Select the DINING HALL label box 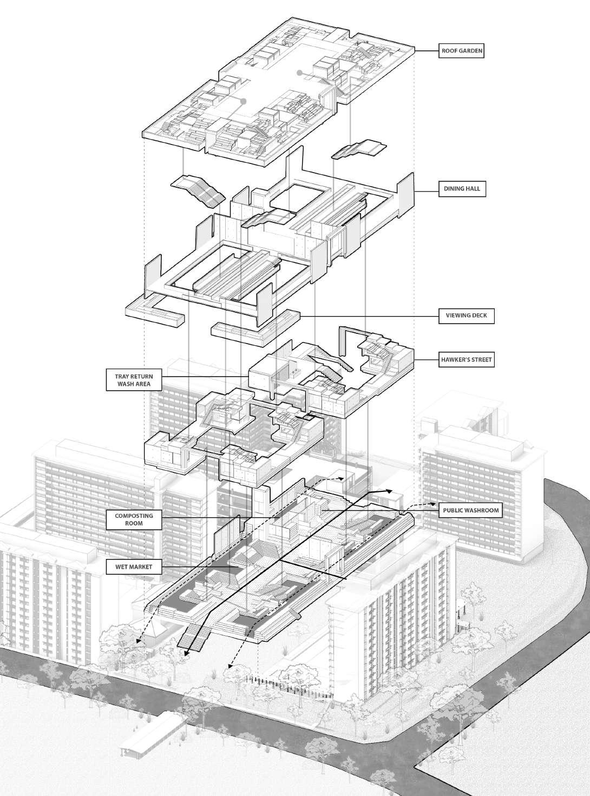pos(462,189)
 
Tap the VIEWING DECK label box pos(466,315)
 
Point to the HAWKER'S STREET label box pos(466,359)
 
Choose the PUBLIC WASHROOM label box pos(470,510)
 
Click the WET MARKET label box pos(133,567)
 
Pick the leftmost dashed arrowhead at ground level pos(138,642)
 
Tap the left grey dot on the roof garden pos(244,101)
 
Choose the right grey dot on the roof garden pos(299,72)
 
